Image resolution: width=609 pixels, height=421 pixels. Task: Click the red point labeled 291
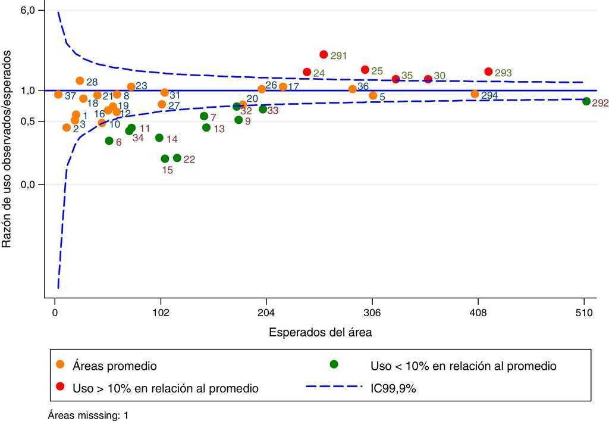point(324,54)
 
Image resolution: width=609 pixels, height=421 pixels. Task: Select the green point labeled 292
point(586,101)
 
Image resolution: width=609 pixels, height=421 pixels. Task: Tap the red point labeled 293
point(488,71)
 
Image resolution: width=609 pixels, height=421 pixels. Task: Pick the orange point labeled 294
point(475,94)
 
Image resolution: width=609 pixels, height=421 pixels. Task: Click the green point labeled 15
point(165,158)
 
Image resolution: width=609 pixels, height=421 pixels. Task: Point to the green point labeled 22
point(177,158)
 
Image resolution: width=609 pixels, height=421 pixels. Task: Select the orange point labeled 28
point(80,80)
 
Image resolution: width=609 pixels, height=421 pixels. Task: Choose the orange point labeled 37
point(58,95)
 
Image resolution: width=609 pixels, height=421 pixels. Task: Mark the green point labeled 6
point(109,141)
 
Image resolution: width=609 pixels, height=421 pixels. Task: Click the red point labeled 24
point(307,72)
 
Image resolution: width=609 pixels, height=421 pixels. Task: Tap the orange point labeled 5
point(373,95)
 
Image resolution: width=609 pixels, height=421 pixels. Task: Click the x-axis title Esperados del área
point(321,332)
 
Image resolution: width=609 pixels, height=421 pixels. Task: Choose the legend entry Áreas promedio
point(114,366)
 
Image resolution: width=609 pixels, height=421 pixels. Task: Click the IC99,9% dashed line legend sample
point(334,388)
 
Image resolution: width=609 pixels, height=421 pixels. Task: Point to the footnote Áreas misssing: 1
point(88,416)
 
